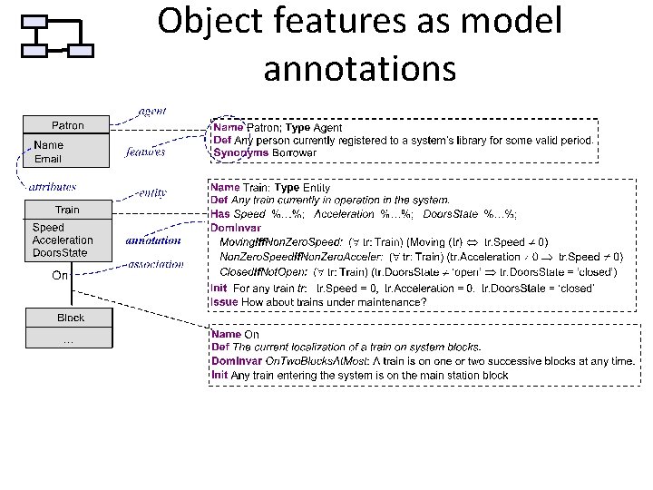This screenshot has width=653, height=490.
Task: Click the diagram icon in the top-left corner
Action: click(56, 36)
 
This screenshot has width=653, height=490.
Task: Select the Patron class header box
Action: click(68, 125)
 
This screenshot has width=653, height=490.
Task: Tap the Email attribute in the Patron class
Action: click(48, 160)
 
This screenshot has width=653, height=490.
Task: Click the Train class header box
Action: click(68, 210)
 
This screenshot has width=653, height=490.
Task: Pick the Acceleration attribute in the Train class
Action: click(63, 240)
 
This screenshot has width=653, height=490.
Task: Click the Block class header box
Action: click(70, 318)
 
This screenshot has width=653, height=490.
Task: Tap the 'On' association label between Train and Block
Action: click(59, 275)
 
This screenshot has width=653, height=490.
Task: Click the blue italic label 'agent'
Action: click(151, 111)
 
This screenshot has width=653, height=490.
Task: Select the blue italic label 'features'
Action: click(145, 152)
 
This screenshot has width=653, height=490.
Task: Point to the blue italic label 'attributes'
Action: click(52, 185)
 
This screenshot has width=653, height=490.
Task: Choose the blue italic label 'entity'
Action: click(151, 192)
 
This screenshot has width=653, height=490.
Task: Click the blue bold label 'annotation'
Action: click(153, 241)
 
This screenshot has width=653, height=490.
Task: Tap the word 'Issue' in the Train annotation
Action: click(225, 300)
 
